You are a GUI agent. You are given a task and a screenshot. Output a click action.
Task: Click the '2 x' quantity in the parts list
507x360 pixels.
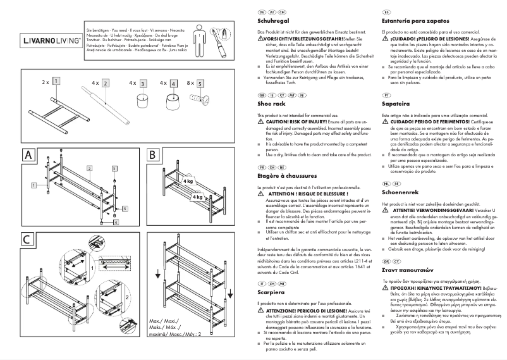(46, 83)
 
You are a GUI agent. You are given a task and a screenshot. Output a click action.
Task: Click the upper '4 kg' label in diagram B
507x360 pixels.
(188, 182)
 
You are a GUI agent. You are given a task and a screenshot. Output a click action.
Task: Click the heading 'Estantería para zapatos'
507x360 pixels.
(415, 22)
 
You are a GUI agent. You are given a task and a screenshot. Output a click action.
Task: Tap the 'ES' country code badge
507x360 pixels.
(386, 12)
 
